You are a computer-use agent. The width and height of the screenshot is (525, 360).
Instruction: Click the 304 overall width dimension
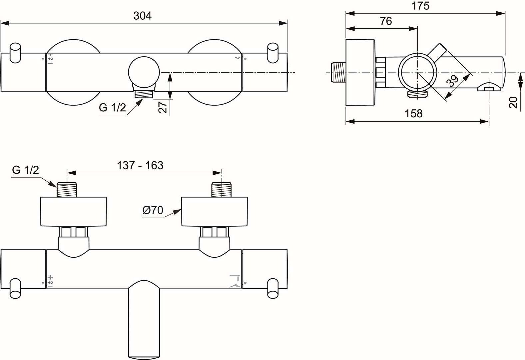pyautogui.click(x=143, y=16)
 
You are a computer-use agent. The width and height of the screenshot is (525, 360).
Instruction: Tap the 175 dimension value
pyautogui.click(x=420, y=6)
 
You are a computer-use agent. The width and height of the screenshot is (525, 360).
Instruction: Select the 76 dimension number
pyautogui.click(x=386, y=21)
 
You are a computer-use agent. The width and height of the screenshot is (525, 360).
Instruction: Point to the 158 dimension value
pyautogui.click(x=414, y=114)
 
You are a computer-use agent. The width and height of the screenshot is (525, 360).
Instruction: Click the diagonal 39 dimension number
pyautogui.click(x=452, y=81)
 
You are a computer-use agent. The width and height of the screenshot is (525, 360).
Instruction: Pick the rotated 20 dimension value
pyautogui.click(x=513, y=102)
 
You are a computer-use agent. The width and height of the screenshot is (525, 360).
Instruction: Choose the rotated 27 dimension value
pyautogui.click(x=163, y=107)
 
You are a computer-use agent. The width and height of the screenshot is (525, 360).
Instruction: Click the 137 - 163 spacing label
pyautogui.click(x=140, y=165)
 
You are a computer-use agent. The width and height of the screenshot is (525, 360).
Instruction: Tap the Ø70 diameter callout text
pyautogui.click(x=153, y=210)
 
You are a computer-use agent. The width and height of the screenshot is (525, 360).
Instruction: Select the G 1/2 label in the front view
pyautogui.click(x=113, y=108)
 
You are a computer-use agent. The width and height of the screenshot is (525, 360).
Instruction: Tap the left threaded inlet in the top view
pyautogui.click(x=67, y=189)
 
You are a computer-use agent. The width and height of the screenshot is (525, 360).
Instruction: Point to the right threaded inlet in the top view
pyautogui.click(x=222, y=189)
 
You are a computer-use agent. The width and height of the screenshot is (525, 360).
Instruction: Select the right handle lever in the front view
pyautogui.click(x=273, y=53)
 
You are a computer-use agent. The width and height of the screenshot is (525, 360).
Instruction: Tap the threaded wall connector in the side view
pyautogui.click(x=338, y=72)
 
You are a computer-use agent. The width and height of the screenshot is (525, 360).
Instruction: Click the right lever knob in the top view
pyautogui.click(x=273, y=288)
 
